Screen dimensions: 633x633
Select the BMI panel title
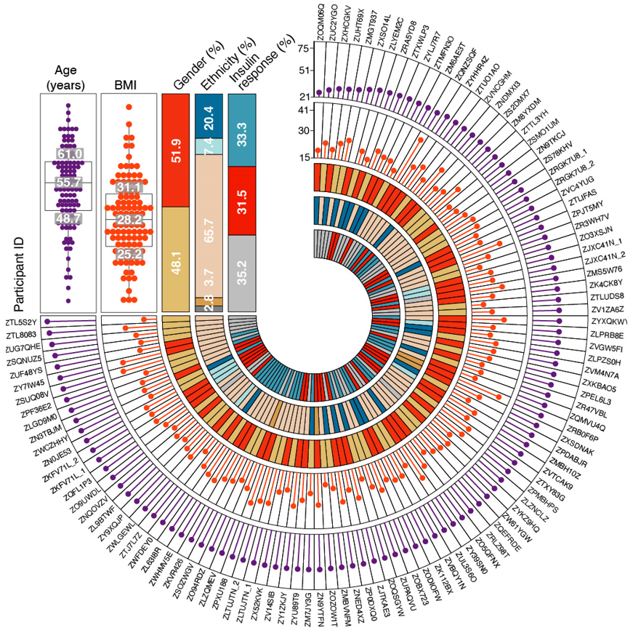129,85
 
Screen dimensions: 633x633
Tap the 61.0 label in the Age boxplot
70,154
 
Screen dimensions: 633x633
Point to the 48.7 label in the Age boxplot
70,218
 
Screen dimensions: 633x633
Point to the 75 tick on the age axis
305,48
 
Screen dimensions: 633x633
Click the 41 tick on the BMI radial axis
305,110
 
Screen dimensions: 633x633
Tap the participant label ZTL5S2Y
21,321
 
